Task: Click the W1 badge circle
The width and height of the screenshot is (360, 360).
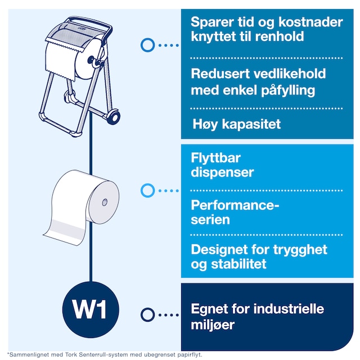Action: coord(91,309)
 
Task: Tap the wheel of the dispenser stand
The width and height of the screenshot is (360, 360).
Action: coord(114,117)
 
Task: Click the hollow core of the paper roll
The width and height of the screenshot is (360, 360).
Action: coord(105,202)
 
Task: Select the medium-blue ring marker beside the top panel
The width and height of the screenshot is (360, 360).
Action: coord(147,45)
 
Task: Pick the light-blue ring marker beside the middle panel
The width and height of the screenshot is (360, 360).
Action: coord(147,190)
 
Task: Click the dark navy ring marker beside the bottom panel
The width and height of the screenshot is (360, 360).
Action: coord(147,314)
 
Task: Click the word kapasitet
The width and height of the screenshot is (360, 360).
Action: coord(251,124)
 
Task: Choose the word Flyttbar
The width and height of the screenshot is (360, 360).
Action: coord(215,159)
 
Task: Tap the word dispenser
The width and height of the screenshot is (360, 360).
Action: coord(222,173)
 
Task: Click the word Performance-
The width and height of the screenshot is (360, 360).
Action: coord(235,205)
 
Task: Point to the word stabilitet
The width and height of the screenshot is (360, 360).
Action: coord(238,264)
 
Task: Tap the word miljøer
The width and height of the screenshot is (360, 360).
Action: coord(213,325)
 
